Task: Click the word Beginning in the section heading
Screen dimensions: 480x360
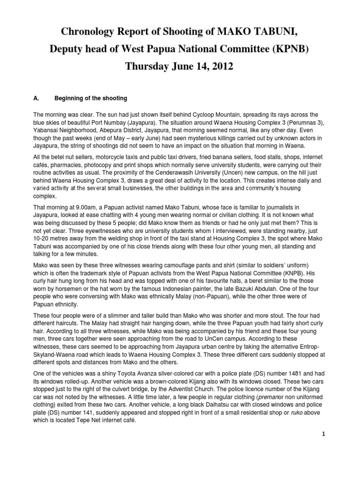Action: [70, 98]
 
